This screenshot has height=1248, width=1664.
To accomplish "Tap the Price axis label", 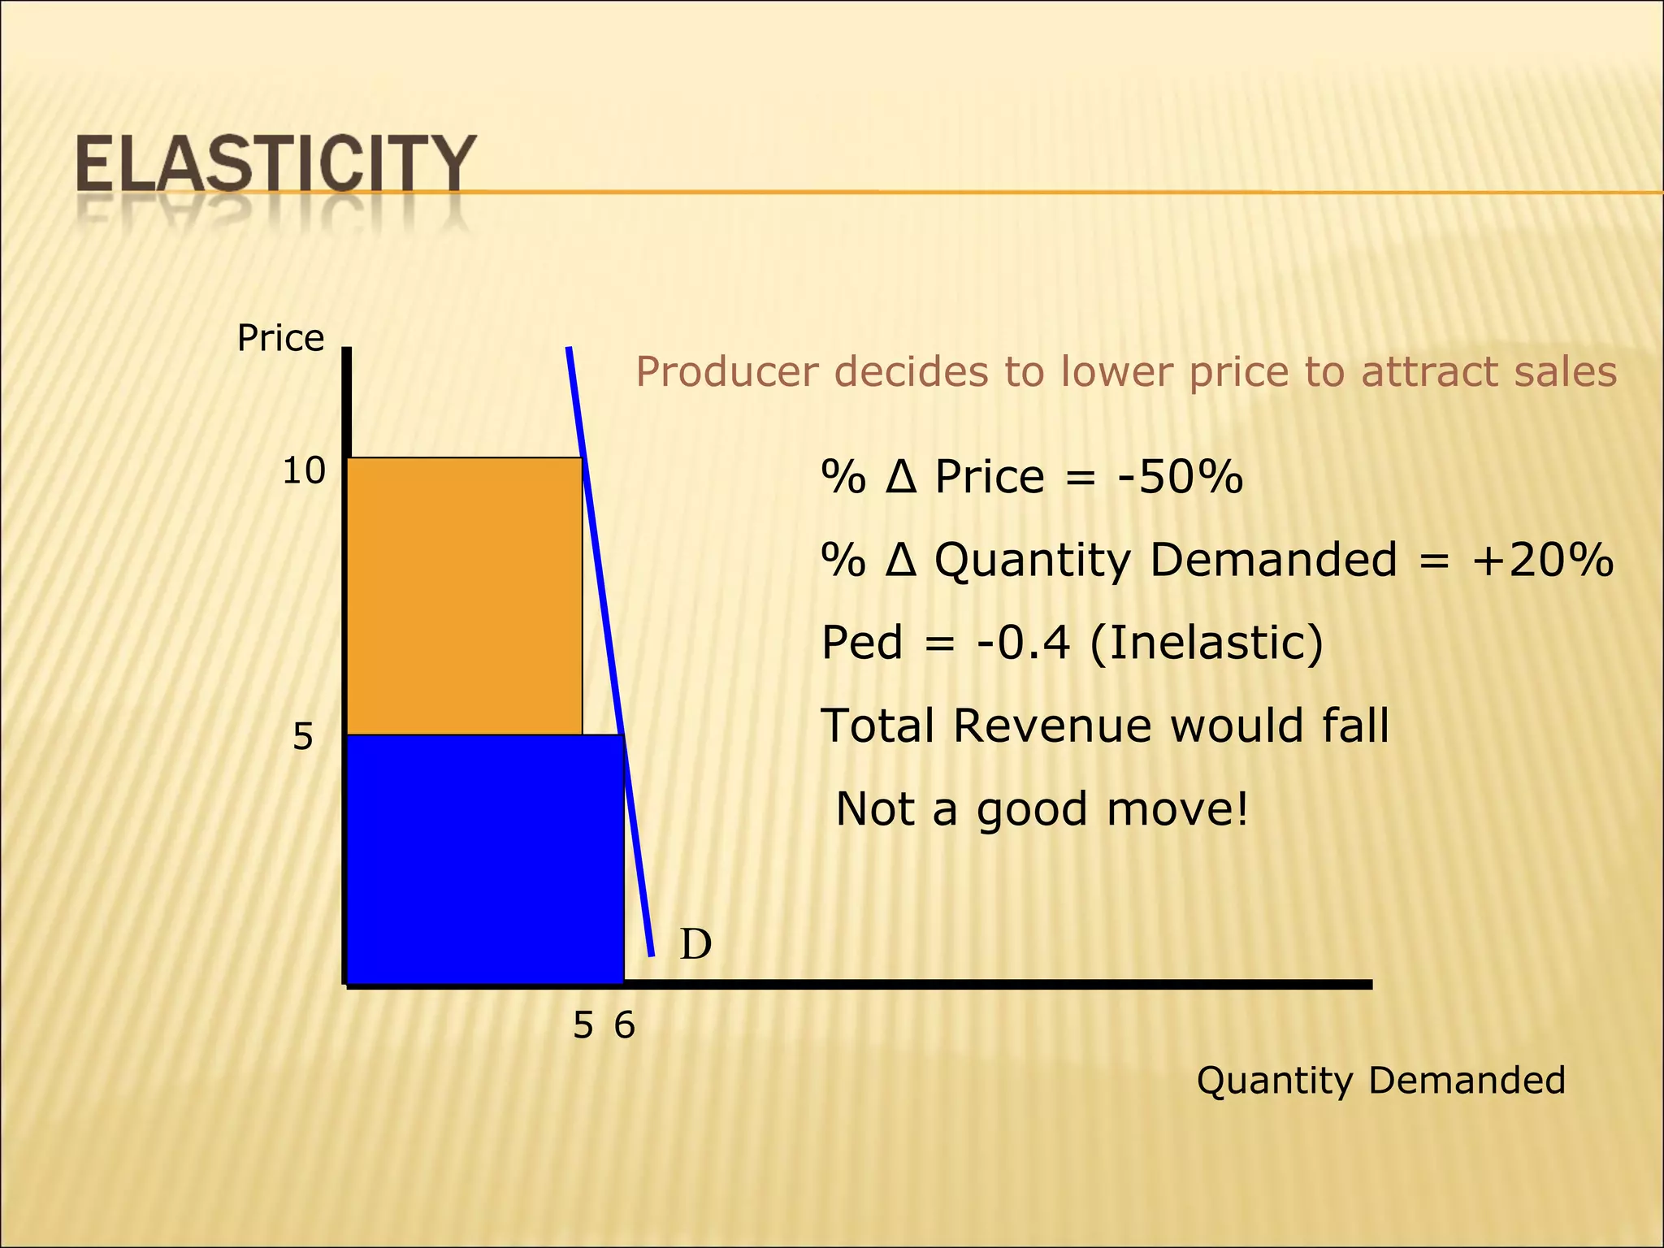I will (280, 338).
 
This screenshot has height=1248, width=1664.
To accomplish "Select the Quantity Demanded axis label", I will (1380, 1081).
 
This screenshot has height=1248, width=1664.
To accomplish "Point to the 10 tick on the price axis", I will (304, 471).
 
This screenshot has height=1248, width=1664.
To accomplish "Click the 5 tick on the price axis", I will (302, 737).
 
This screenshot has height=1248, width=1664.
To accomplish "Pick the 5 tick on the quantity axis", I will (583, 1026).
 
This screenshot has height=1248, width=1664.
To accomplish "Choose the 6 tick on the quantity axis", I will (624, 1026).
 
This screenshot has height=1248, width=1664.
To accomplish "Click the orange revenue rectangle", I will (464, 596).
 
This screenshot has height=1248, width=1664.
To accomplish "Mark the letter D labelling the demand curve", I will (695, 945).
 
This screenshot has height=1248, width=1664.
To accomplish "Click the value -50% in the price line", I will (1180, 476).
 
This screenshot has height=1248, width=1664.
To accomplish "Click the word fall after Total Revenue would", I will (1354, 726).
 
